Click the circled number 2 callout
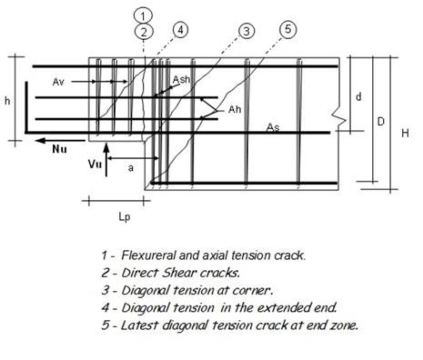(x=144, y=31)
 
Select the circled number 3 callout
(x=245, y=32)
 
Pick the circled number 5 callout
(x=287, y=29)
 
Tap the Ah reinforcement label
(x=235, y=109)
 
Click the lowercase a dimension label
(x=133, y=168)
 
